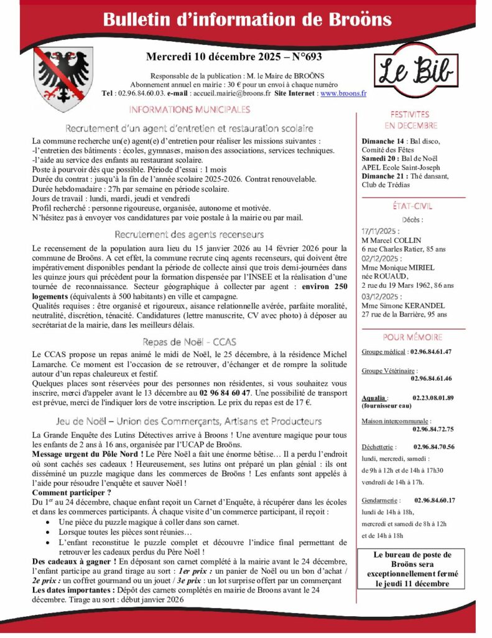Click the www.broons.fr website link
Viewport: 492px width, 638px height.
click(343, 93)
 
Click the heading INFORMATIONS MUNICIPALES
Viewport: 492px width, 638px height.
click(190, 110)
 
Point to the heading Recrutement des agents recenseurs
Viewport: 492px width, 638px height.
click(189, 235)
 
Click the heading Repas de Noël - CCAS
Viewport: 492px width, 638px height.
click(189, 341)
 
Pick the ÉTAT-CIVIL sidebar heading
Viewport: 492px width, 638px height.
click(410, 206)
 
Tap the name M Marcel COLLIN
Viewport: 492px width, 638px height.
click(391, 240)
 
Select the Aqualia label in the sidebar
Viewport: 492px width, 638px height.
click(374, 398)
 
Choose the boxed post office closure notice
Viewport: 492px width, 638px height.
click(412, 569)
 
